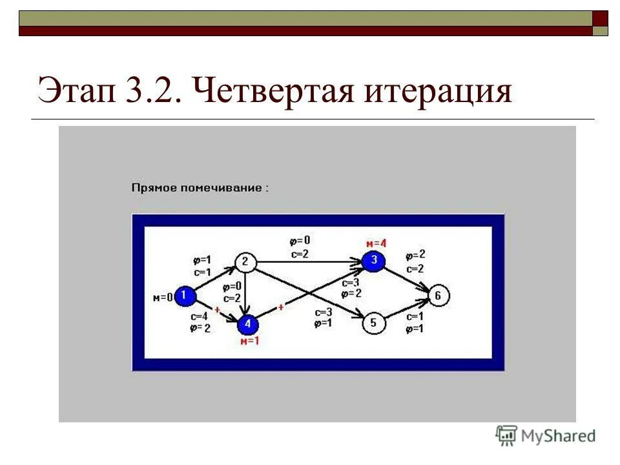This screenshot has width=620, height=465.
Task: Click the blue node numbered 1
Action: [185, 296]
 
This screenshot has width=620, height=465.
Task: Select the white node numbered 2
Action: [245, 262]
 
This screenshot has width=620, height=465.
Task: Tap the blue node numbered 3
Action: [373, 261]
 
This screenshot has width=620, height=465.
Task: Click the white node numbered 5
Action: [373, 322]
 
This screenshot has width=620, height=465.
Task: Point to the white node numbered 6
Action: [439, 296]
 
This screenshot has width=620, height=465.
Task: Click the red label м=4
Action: [376, 243]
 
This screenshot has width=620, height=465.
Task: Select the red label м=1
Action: [249, 340]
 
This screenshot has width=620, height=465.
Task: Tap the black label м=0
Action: [163, 298]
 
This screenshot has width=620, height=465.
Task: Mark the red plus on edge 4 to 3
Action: [282, 307]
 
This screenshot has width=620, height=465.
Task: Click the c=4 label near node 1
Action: [198, 317]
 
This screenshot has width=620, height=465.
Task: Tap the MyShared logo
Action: [546, 435]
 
